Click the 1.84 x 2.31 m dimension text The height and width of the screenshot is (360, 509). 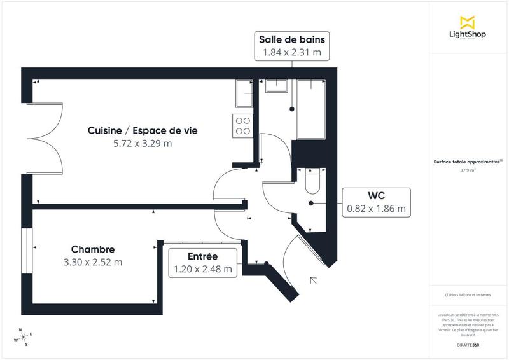(x=292, y=53)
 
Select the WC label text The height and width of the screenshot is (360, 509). (x=377, y=195)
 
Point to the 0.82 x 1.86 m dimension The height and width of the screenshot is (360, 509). (x=377, y=208)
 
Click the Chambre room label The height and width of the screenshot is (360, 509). (x=93, y=249)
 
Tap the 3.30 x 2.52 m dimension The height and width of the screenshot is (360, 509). (x=93, y=261)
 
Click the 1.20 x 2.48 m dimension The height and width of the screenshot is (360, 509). (x=203, y=269)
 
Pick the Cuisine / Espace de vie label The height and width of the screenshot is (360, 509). (x=143, y=130)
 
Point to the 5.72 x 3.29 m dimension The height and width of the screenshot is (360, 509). (x=143, y=144)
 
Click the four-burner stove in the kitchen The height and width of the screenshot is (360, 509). (x=242, y=125)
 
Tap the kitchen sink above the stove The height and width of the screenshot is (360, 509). (x=244, y=94)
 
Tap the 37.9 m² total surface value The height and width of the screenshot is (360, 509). (x=468, y=170)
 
